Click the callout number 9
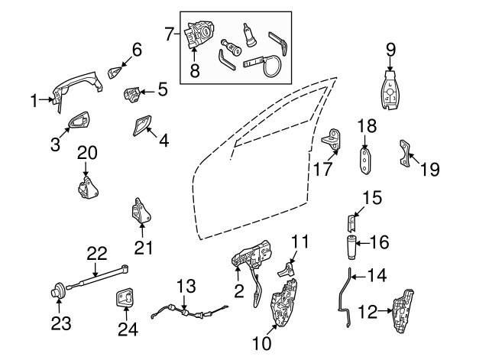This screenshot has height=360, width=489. pos(390,49)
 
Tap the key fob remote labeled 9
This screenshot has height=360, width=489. pos(390,92)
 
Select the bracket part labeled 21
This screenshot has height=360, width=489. pos(141,212)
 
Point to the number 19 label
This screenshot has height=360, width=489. pos(430,168)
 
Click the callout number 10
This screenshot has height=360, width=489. pos(262,344)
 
